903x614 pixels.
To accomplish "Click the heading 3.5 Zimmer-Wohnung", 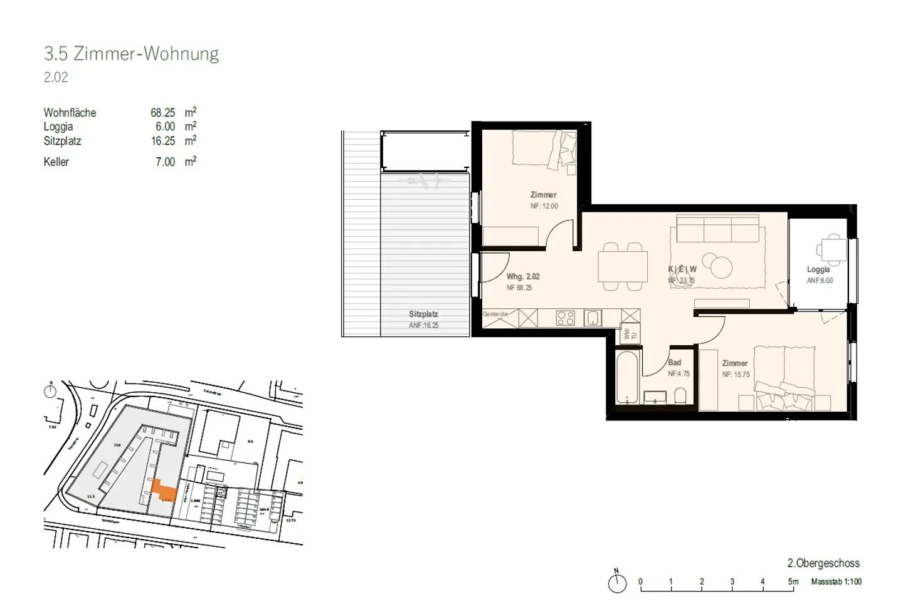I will point(132,54).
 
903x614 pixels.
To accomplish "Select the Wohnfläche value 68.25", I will point(162,113).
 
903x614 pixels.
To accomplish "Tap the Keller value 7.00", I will point(165,162).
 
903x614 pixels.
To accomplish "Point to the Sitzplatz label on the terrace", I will point(423,314).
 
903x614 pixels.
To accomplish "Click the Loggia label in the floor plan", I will point(818,269).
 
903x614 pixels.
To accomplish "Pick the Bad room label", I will point(675,363).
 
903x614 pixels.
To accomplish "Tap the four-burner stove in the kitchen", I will point(566,318).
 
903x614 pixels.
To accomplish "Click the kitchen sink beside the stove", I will point(593,318).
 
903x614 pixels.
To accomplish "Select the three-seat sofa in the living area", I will point(718,229).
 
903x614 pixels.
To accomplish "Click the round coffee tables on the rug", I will point(717,263).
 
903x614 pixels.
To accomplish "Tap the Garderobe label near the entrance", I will point(495,314).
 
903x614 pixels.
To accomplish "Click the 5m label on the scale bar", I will point(793,582).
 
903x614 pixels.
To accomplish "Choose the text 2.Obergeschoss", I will point(823,563).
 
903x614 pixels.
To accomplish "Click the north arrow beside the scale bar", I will point(617,582).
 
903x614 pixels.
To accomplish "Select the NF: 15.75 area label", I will point(736,375).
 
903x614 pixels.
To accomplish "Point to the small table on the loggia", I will point(833,251).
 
